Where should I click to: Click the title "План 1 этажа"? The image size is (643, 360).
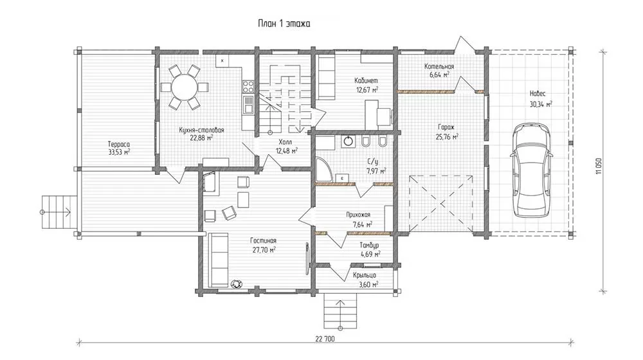[284, 23]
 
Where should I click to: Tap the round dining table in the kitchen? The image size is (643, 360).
[184, 87]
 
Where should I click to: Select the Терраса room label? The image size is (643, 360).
[119, 144]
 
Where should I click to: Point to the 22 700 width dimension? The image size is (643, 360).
[325, 339]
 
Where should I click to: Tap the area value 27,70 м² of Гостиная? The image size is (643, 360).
[264, 249]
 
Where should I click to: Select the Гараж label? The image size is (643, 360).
[446, 127]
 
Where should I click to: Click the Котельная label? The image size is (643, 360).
[439, 66]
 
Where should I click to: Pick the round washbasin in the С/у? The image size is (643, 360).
[348, 141]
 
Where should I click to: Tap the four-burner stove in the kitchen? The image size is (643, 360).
[248, 86]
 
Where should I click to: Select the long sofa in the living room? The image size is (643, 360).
[218, 260]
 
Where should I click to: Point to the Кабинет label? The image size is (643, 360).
[367, 81]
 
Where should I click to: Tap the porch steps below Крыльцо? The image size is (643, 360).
[340, 310]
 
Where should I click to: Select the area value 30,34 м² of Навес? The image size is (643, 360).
[541, 104]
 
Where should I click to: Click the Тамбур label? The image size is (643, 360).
[369, 245]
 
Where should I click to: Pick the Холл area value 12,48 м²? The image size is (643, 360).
[286, 150]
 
